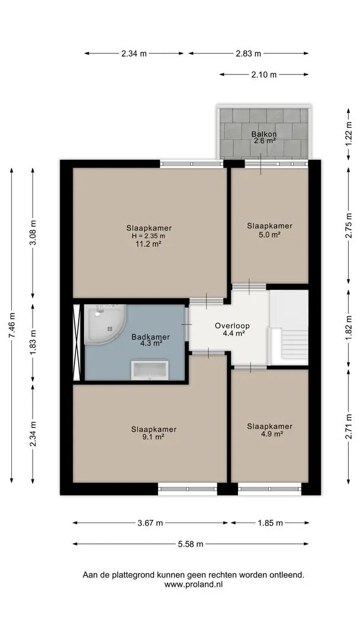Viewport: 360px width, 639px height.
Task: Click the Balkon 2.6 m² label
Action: pos(263,137)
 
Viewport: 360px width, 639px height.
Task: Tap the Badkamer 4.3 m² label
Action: pos(150,340)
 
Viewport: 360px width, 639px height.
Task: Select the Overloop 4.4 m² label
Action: pos(232,330)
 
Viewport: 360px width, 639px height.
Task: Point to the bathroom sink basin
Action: pos(149,370)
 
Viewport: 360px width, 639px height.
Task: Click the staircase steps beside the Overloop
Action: pos(294,344)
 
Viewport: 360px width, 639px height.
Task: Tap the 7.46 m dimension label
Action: pos(12,325)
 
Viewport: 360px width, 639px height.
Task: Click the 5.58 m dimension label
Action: pos(191,544)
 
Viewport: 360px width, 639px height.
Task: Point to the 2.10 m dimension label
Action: pos(263,74)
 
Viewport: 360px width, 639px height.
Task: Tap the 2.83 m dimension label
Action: pos(248,53)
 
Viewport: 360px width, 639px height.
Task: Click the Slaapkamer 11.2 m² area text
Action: pos(149,244)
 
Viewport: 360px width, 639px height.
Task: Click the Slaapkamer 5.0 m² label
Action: pos(269,230)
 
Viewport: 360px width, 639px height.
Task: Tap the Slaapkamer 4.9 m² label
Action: pos(269,430)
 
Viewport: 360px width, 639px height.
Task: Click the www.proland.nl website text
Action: pos(194,585)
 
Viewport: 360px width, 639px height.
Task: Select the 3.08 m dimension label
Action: pos(33,232)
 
